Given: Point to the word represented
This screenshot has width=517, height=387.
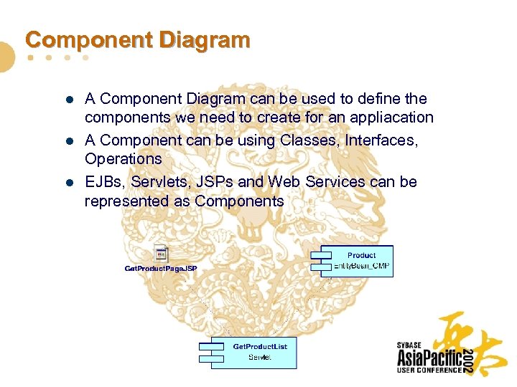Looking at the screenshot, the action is [x=127, y=201].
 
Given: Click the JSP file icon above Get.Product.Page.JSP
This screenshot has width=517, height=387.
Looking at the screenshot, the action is [x=162, y=253].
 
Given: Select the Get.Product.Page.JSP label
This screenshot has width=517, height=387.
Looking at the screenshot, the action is [x=161, y=268].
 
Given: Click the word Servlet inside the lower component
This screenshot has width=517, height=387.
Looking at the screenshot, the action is [x=259, y=357].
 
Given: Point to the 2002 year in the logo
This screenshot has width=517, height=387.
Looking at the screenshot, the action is [x=467, y=358].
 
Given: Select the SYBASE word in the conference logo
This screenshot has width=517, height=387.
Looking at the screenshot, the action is [x=410, y=345].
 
